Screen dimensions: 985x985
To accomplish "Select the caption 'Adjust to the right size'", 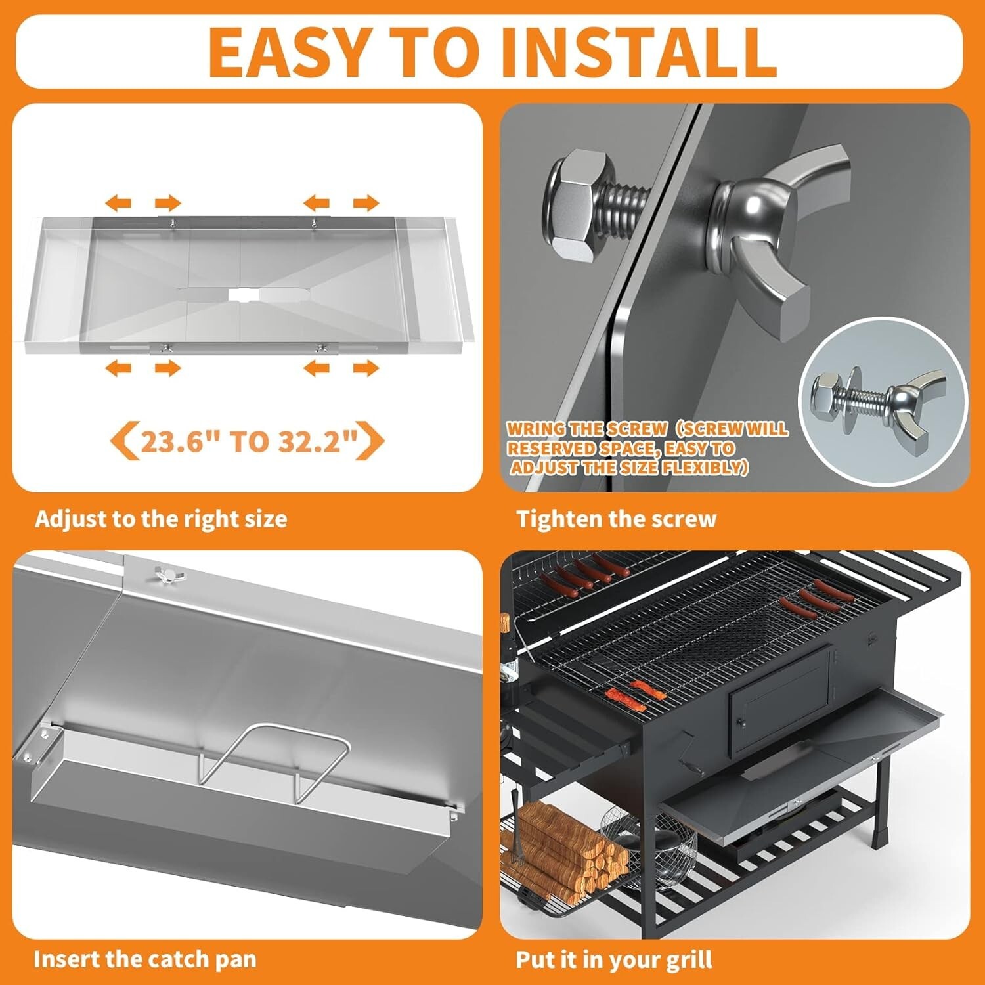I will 161,519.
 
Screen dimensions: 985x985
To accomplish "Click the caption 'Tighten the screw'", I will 616,519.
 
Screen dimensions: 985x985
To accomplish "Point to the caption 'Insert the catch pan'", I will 145,959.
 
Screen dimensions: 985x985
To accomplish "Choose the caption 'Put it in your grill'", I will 614,960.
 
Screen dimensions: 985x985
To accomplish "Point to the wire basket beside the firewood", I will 650,844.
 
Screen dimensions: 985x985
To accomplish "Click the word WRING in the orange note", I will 536,429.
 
